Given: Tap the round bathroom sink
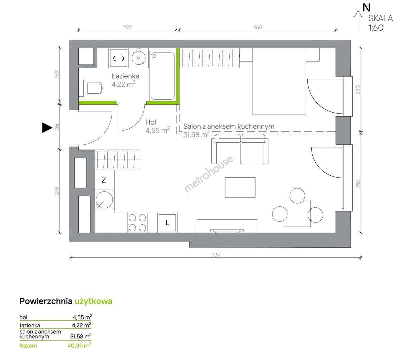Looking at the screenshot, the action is click(x=139, y=57).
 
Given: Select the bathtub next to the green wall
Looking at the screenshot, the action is click(x=163, y=76).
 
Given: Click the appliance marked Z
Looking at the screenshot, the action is click(x=104, y=180).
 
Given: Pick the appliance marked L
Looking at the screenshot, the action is click(x=167, y=223).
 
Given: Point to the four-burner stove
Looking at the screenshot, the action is click(x=137, y=223).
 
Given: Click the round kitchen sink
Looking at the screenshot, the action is click(x=104, y=200).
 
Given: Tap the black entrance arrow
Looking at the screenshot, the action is click(x=47, y=128).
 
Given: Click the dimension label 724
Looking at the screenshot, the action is click(x=216, y=255).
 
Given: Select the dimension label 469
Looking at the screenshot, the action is click(x=257, y=27).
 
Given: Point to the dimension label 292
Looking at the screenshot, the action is click(x=127, y=27).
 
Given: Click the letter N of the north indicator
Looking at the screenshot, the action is click(x=367, y=8).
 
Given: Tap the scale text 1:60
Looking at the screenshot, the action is click(x=376, y=28).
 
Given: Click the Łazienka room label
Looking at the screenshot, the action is click(x=125, y=76).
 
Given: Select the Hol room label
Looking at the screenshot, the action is click(x=151, y=122).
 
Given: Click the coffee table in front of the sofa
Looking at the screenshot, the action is click(x=240, y=187).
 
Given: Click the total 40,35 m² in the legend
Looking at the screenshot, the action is click(x=79, y=345).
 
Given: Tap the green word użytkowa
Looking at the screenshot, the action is click(x=93, y=301).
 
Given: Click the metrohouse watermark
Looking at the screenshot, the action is click(x=208, y=174).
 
